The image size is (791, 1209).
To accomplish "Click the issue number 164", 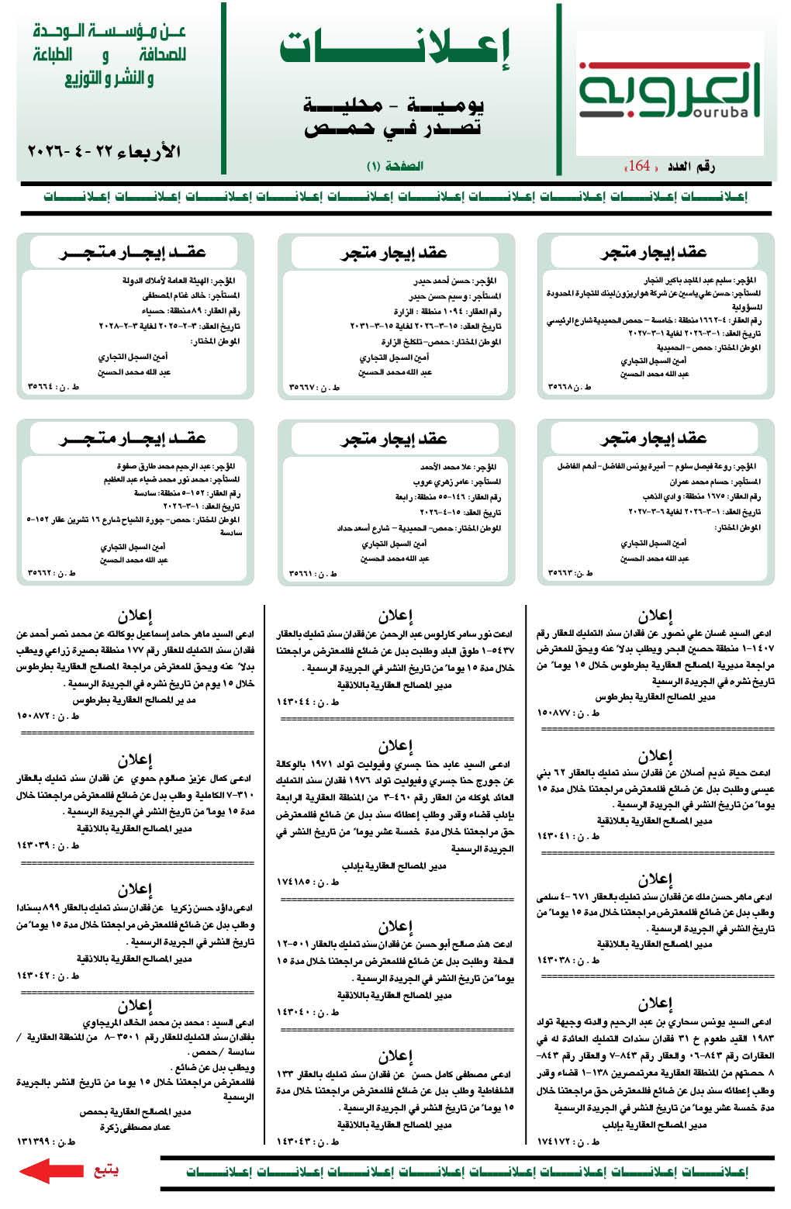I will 638,166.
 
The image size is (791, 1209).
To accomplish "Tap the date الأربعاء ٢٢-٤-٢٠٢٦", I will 104,151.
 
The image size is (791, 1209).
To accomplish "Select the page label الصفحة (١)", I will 395,166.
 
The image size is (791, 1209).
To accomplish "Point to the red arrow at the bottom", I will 50,1170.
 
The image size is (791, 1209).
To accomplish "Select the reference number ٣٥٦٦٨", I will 564,386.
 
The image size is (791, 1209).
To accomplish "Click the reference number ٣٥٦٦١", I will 303,574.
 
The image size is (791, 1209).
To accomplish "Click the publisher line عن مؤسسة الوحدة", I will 109,32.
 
